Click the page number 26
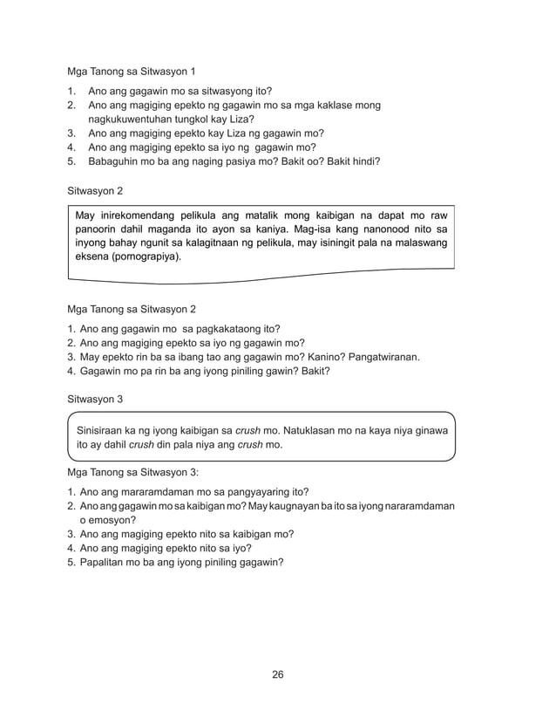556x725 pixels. [278, 674]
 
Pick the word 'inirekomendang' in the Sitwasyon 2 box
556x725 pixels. [143, 215]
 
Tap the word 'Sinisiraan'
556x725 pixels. [103, 429]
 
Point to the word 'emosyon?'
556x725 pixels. [112, 519]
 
